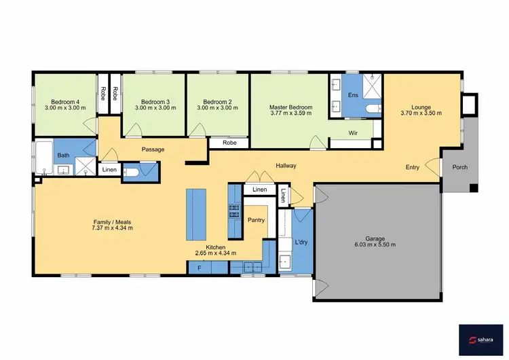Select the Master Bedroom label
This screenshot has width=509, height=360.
290,107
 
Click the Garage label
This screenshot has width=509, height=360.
375,238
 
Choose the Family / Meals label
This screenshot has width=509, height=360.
113,221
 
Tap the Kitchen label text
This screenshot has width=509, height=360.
216,247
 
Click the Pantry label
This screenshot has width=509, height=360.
257,220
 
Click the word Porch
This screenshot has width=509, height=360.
459,168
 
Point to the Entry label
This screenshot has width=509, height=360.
412,167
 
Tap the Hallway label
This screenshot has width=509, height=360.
286,166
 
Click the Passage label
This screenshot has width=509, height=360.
153,149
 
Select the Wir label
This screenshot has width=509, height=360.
353,133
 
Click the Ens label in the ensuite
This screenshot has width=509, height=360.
353,95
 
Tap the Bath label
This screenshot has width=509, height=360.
63,156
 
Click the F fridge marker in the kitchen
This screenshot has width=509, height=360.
199,268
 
